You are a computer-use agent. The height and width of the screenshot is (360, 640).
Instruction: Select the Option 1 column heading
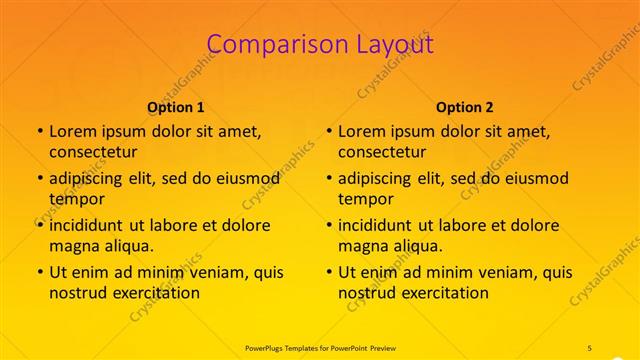(x=176, y=107)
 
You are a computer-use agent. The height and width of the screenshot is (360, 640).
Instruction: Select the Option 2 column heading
(x=465, y=107)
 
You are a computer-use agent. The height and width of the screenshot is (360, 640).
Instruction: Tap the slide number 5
(x=591, y=346)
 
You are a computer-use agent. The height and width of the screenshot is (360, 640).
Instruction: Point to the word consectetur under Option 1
(x=93, y=152)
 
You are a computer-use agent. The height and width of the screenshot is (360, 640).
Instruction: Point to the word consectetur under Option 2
(x=382, y=152)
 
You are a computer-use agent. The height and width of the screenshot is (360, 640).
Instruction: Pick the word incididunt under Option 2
(x=376, y=225)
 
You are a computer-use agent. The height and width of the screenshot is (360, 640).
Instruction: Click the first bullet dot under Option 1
(x=39, y=131)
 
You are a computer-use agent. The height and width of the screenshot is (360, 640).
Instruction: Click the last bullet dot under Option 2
(x=328, y=272)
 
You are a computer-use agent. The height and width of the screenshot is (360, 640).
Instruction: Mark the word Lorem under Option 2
(x=360, y=131)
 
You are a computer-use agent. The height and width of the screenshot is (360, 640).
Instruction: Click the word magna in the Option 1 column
(x=72, y=246)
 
